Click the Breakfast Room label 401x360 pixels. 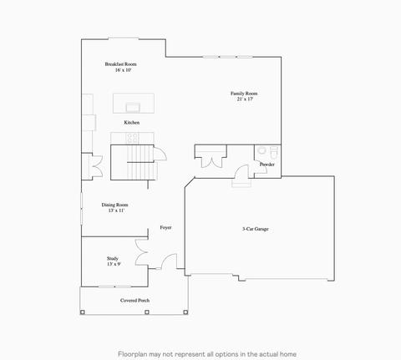[x=120, y=64]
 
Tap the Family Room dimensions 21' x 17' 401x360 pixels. [x=245, y=99]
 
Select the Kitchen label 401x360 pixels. [x=132, y=123]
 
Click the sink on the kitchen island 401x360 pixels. [x=133, y=108]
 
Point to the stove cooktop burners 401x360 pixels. [x=132, y=139]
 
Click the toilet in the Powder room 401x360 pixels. [x=274, y=153]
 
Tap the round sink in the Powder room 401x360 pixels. [x=261, y=150]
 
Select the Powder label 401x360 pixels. [x=267, y=165]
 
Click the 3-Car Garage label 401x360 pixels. [x=256, y=229]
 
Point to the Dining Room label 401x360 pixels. [x=114, y=205]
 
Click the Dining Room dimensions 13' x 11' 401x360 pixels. [x=116, y=210]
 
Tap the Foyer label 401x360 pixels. [x=165, y=227]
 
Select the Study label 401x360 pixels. [x=113, y=258]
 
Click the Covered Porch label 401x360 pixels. [x=135, y=301]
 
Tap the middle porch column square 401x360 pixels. [x=147, y=312]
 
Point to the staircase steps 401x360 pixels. [x=141, y=162]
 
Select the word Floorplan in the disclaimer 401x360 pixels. [x=132, y=354]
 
